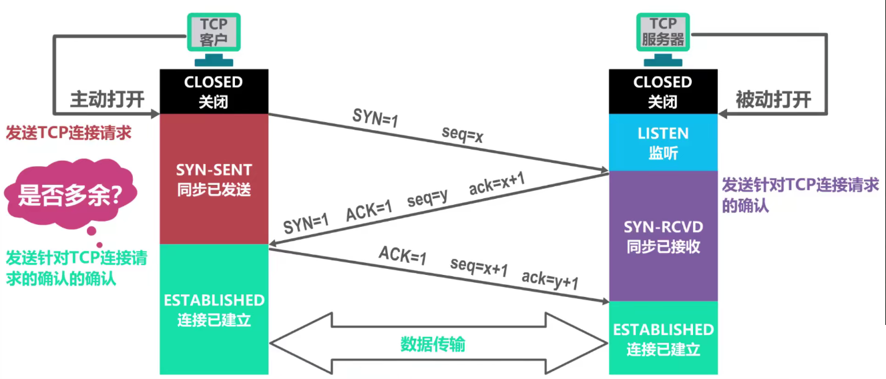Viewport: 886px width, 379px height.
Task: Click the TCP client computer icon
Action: click(214, 37)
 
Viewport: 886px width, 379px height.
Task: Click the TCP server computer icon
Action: click(663, 37)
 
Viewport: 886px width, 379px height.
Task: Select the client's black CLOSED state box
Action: click(214, 91)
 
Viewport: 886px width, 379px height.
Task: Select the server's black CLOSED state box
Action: click(663, 91)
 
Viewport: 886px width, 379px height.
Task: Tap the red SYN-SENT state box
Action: click(214, 179)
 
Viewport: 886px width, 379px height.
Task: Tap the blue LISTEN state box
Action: click(663, 143)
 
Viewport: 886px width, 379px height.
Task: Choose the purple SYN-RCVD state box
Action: click(663, 236)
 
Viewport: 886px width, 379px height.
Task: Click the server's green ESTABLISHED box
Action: click(663, 338)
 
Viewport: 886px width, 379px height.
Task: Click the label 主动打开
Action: click(107, 100)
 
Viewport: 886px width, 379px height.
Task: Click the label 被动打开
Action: click(773, 100)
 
